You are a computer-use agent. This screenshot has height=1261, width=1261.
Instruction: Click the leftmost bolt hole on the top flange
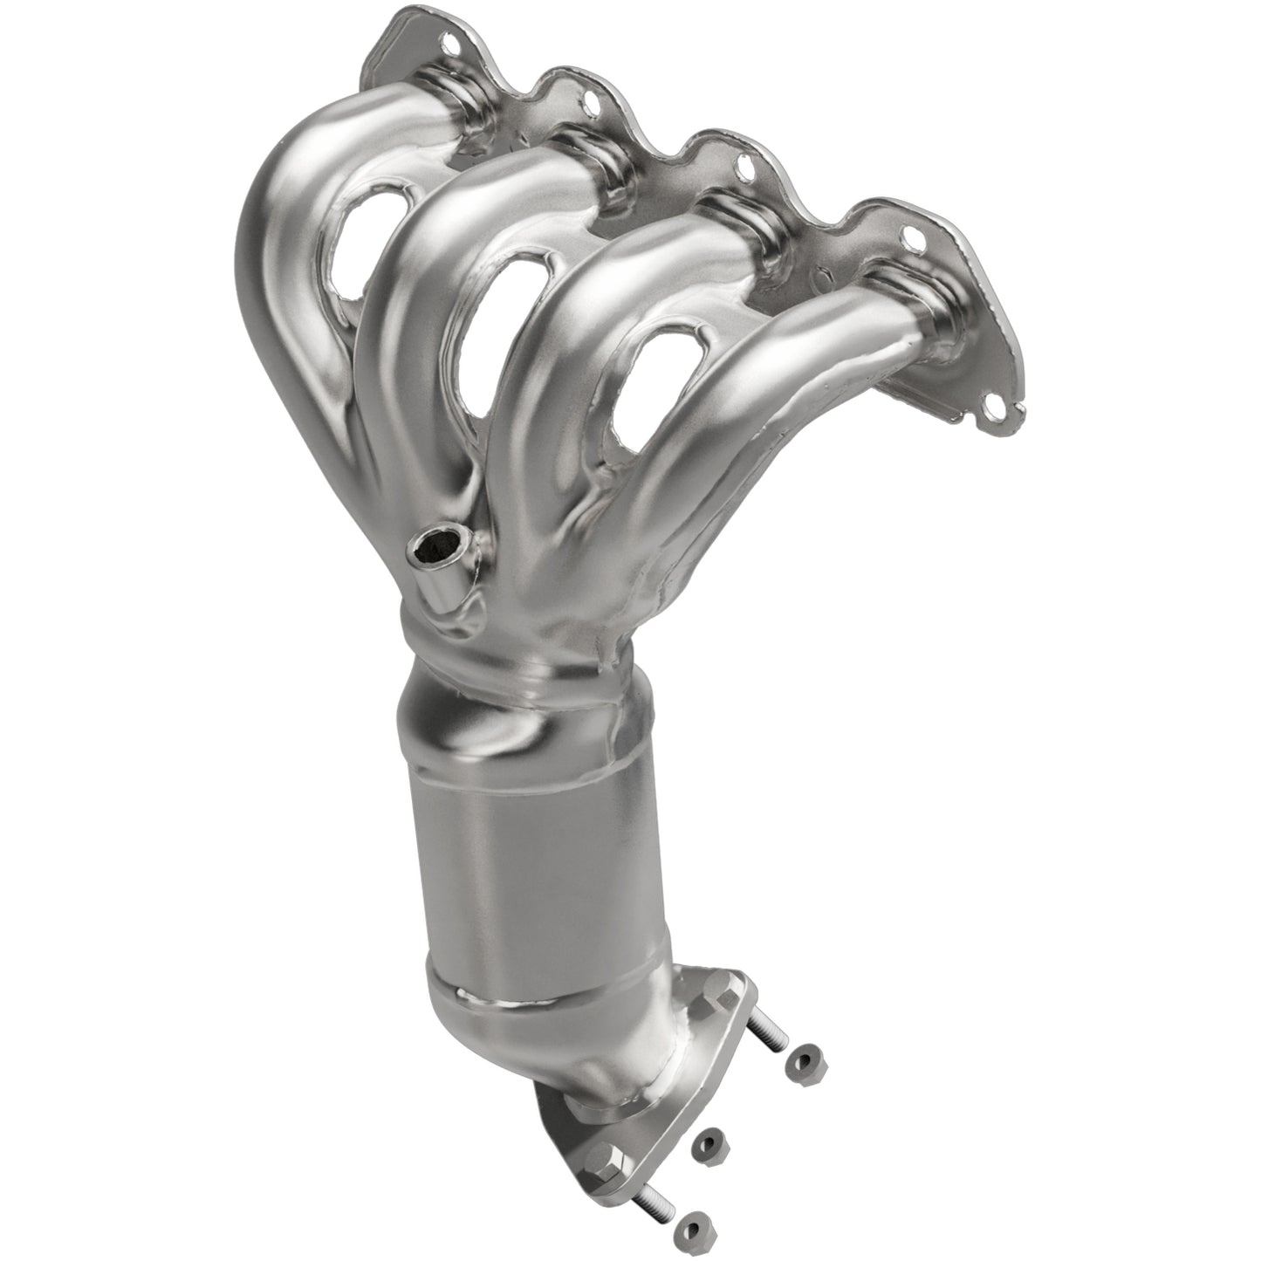coord(449,40)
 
